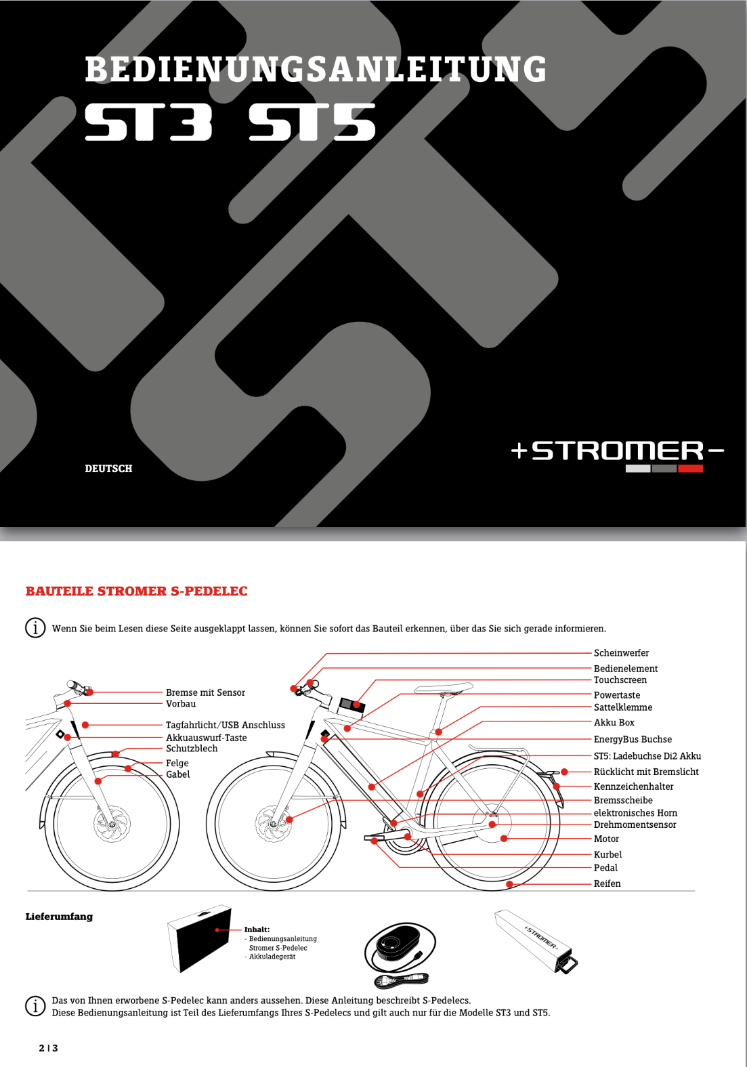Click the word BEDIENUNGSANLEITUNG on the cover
[x=316, y=69]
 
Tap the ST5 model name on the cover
[x=312, y=122]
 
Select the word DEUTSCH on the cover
[x=108, y=469]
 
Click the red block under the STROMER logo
[x=690, y=469]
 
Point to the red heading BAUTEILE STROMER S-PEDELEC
[x=137, y=591]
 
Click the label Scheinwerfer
[x=621, y=652]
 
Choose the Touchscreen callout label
[x=620, y=679]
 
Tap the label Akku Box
[x=614, y=722]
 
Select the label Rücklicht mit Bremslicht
[x=645, y=772]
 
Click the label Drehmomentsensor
[x=635, y=824]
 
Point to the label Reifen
[x=607, y=883]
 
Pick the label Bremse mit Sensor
[x=205, y=692]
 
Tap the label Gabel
[x=177, y=774]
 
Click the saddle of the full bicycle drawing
[x=443, y=688]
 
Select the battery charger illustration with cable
[x=399, y=952]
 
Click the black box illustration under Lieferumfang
[x=199, y=938]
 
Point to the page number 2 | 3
[x=49, y=1048]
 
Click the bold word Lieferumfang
[x=59, y=917]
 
